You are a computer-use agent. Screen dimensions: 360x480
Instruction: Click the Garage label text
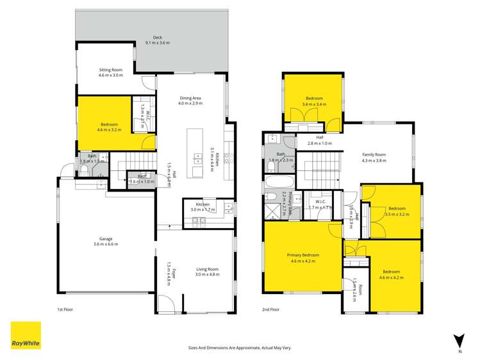pos(105,238)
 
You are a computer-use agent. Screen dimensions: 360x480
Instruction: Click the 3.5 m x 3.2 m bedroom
pos(397,211)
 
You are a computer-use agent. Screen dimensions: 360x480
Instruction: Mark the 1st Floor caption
pos(65,309)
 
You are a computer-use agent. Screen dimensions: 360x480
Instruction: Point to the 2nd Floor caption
pos(270,309)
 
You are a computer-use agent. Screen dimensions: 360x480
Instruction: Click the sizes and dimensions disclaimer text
pos(239,347)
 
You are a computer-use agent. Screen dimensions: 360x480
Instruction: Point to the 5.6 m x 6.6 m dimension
pos(105,244)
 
